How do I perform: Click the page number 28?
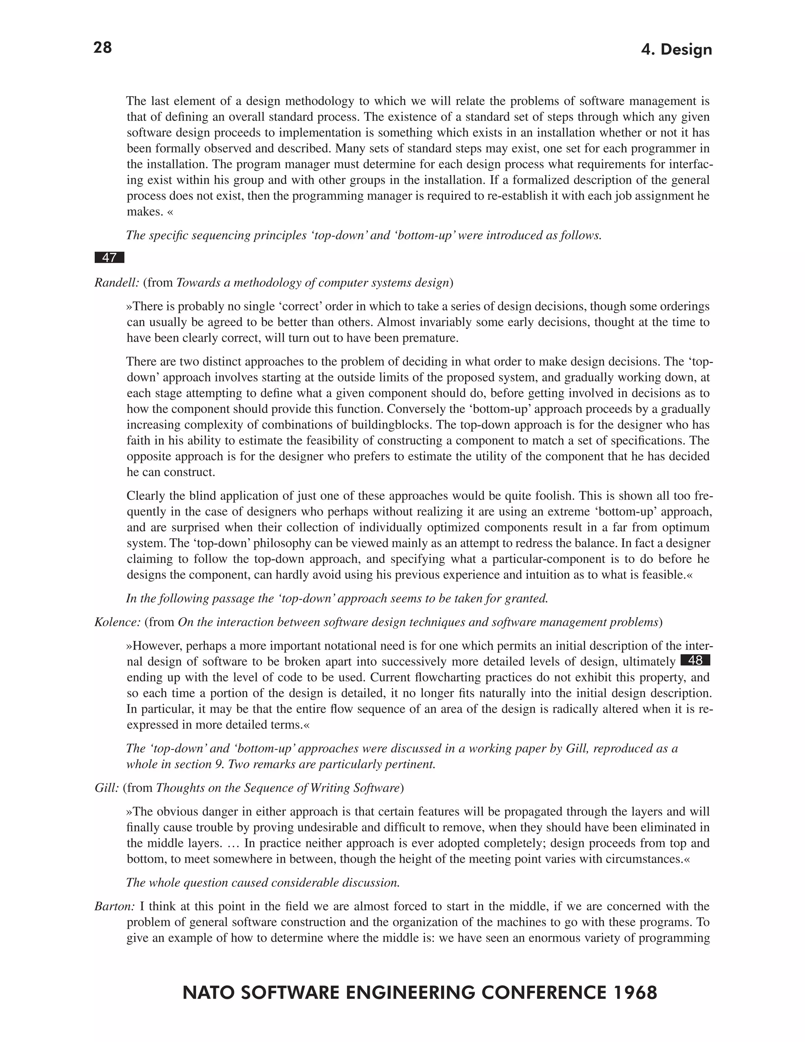tap(103, 48)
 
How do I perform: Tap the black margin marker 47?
tap(109, 258)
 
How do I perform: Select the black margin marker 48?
tap(695, 660)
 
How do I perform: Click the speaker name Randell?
tap(117, 283)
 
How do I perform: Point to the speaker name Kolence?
tap(117, 622)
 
